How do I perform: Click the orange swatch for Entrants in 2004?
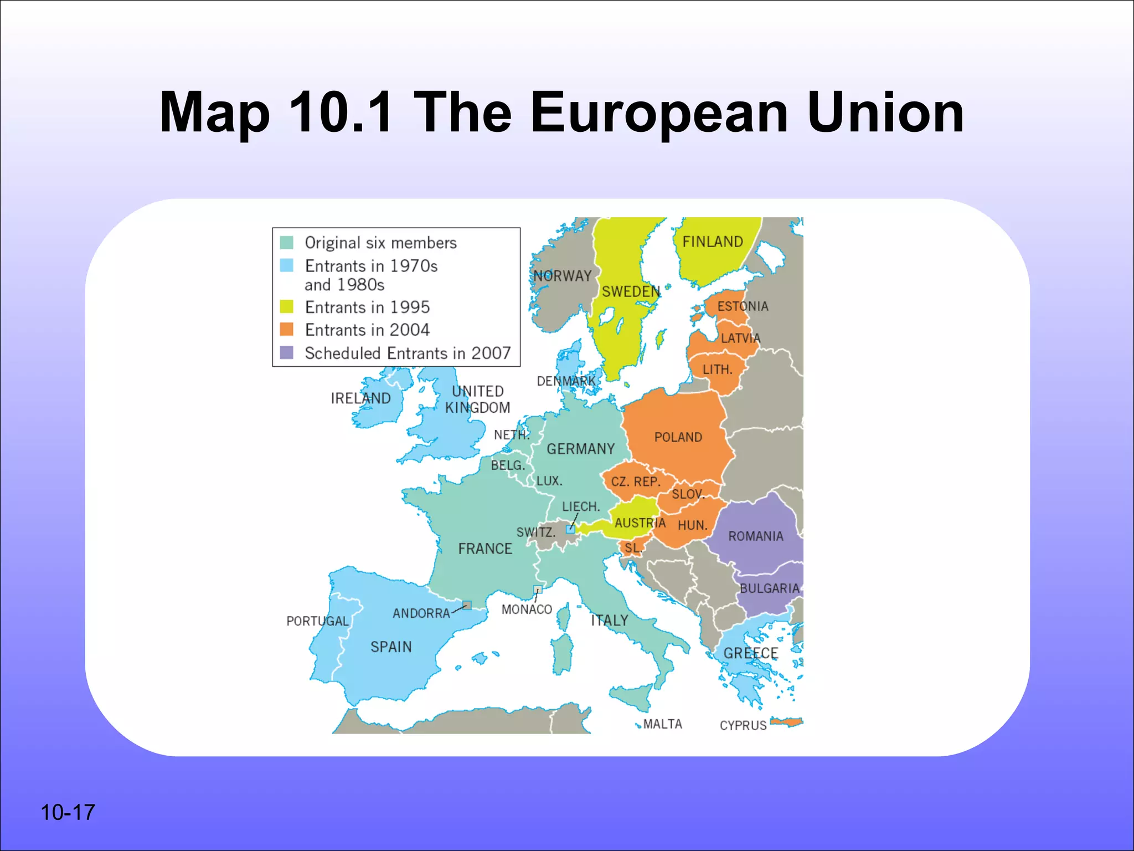click(286, 330)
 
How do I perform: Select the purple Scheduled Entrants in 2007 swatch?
click(286, 353)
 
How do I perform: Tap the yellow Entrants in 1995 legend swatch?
click(286, 306)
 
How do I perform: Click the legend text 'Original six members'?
click(380, 243)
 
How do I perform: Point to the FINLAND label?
click(713, 242)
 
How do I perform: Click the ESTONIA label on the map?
click(743, 306)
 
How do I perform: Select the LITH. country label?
click(717, 370)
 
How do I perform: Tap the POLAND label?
click(678, 437)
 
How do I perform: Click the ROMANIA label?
click(756, 536)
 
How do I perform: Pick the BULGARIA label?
click(770, 588)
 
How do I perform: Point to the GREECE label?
click(751, 653)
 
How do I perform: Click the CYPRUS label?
click(743, 725)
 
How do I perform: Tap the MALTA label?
click(662, 724)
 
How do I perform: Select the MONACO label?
click(527, 609)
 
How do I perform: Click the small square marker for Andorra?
click(467, 605)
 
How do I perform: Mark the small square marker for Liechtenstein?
click(570, 529)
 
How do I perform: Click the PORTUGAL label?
click(317, 621)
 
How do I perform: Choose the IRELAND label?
click(360, 398)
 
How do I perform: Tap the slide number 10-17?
click(68, 813)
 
